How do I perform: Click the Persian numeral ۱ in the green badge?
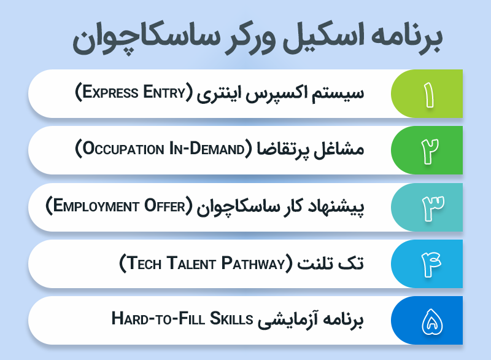(x=428, y=94)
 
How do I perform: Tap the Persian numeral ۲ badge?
(x=428, y=151)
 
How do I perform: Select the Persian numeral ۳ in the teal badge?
(x=428, y=207)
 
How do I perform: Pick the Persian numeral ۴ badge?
(x=428, y=264)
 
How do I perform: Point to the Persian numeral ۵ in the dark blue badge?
(x=428, y=320)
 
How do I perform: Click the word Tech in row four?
(x=142, y=264)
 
